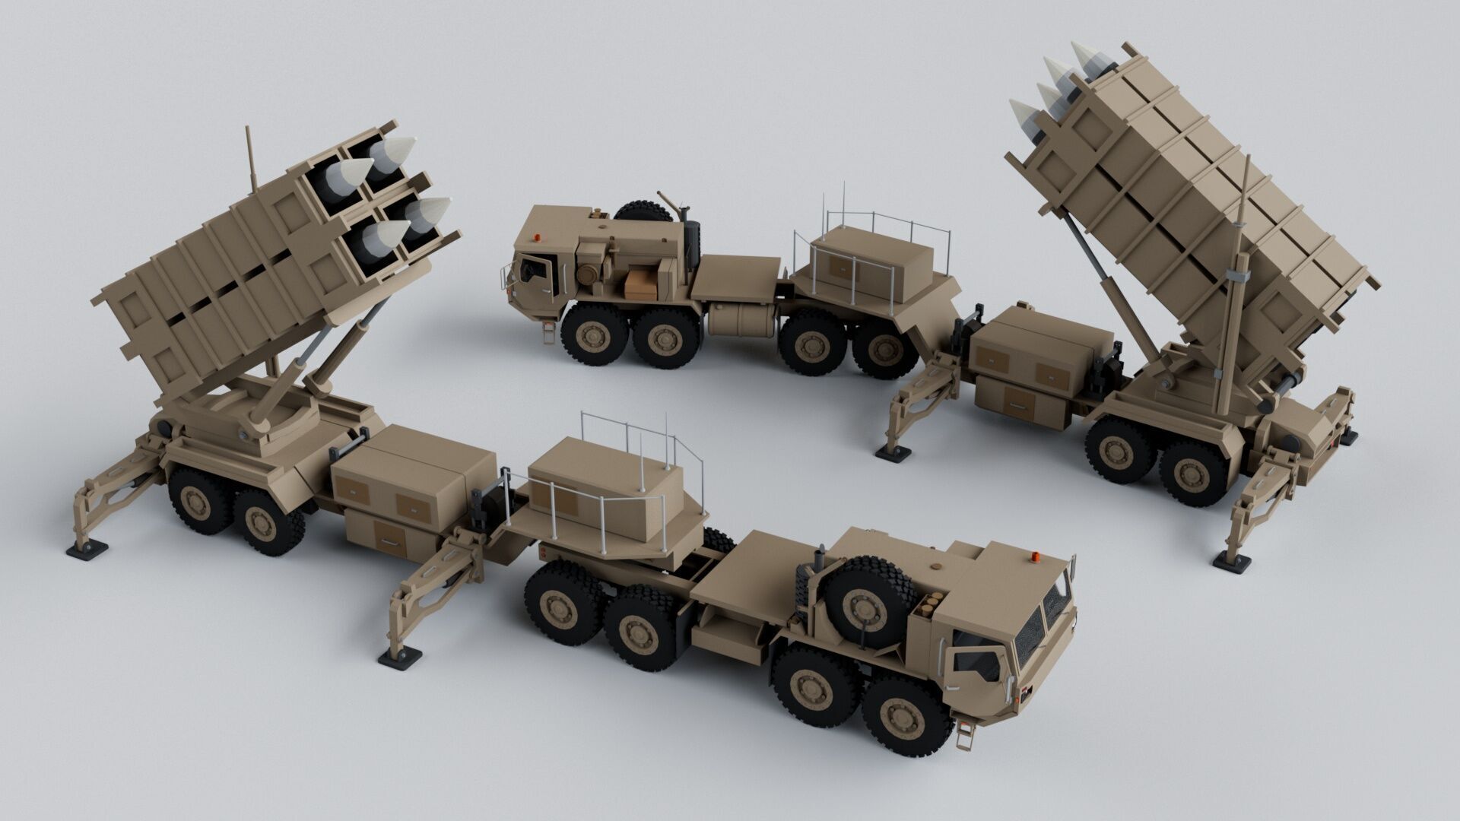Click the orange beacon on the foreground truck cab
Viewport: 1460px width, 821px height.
pos(1036,557)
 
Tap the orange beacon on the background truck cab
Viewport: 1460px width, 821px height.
pos(539,236)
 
